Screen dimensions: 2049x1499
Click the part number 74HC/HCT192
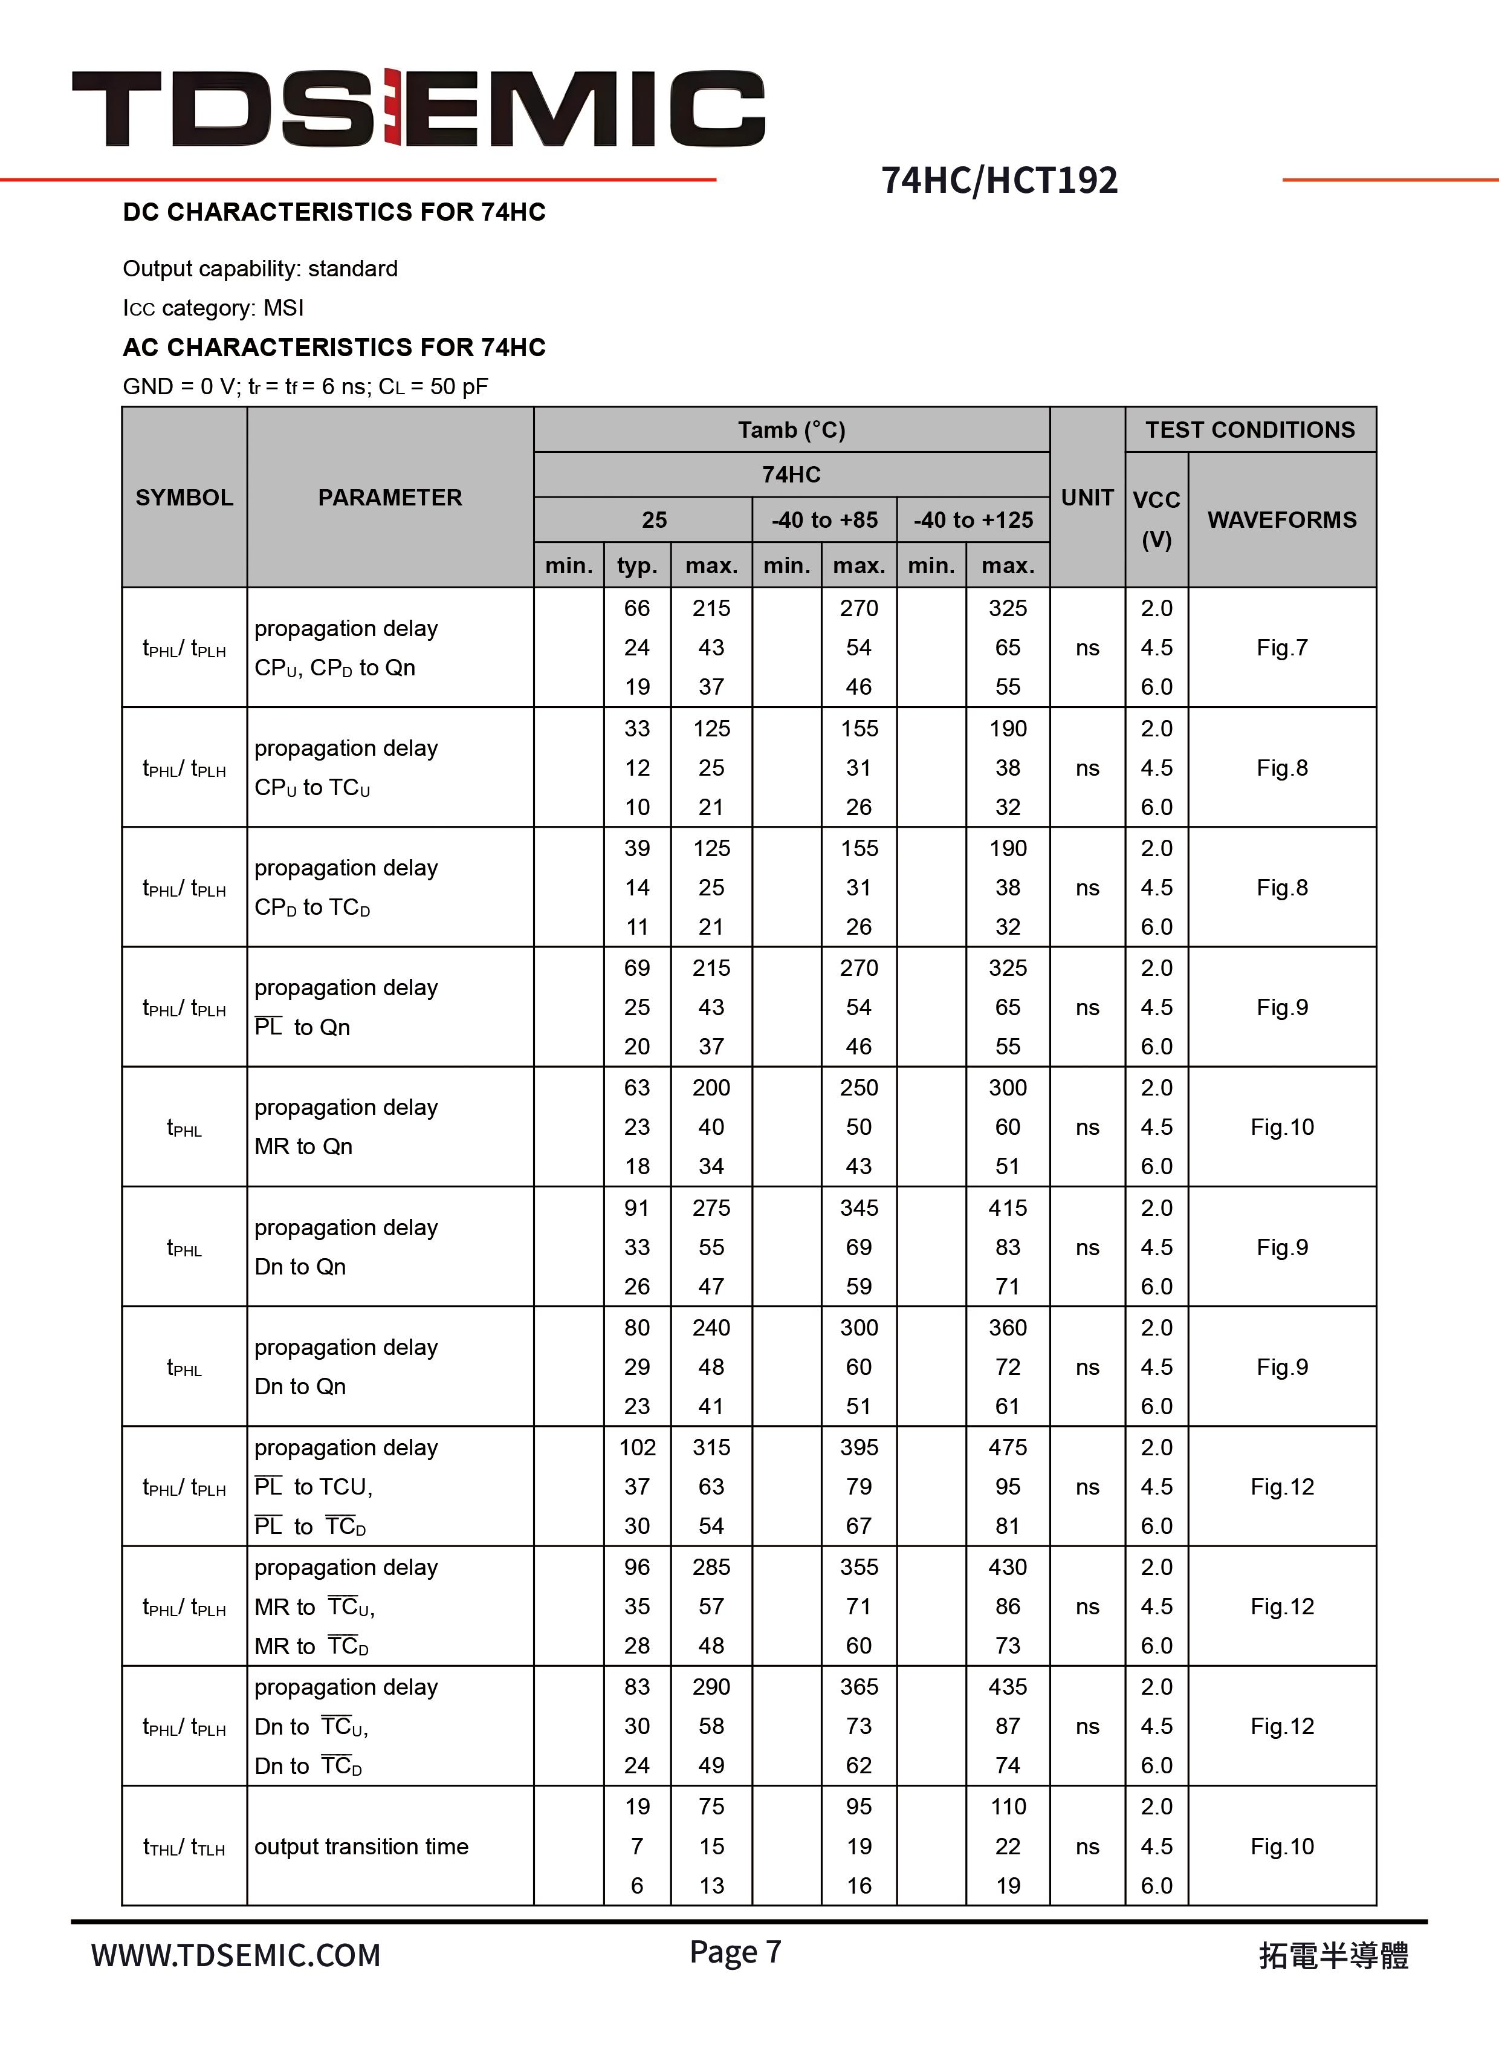coord(999,181)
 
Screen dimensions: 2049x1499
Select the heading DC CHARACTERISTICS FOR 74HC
coord(334,212)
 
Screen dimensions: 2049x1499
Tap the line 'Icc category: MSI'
coord(213,308)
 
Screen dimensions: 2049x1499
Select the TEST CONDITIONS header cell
coord(1249,430)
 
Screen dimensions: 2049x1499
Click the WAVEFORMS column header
coord(1281,520)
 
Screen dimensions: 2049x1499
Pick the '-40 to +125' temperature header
coord(973,520)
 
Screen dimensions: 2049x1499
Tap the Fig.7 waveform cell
coord(1281,648)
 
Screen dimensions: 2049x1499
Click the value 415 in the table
coord(1007,1208)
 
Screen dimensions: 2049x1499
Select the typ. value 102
coord(637,1447)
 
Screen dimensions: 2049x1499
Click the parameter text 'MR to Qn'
coord(303,1147)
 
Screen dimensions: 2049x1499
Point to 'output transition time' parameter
coord(361,1846)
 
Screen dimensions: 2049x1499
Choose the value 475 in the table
coord(1007,1447)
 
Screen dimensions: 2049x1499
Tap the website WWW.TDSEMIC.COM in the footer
coord(236,1955)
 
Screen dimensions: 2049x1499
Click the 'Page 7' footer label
coord(735,1952)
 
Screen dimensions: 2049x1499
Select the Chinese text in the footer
coord(1333,1955)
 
